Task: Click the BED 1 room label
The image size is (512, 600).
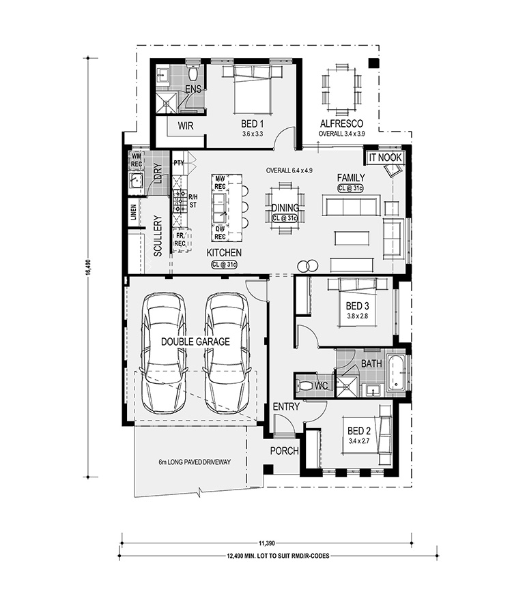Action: [x=252, y=124]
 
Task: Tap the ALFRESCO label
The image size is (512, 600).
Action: [x=341, y=123]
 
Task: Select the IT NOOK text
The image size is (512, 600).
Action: [x=385, y=157]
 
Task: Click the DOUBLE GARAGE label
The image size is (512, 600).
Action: [x=195, y=342]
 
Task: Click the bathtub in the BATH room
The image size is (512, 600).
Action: [x=396, y=373]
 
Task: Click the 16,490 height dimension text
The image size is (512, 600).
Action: [x=89, y=267]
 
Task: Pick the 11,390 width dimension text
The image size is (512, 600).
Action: [x=267, y=543]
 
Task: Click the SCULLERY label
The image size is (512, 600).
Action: [x=158, y=236]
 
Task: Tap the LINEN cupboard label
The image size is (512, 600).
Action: [x=133, y=212]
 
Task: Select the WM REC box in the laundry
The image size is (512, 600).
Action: [x=137, y=160]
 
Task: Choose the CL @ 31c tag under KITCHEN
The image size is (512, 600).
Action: [x=224, y=265]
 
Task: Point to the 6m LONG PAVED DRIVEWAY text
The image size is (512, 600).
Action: [x=195, y=462]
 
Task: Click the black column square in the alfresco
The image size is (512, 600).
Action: [x=373, y=63]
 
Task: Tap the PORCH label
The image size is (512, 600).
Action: [x=285, y=451]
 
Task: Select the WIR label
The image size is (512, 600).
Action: [x=186, y=126]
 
